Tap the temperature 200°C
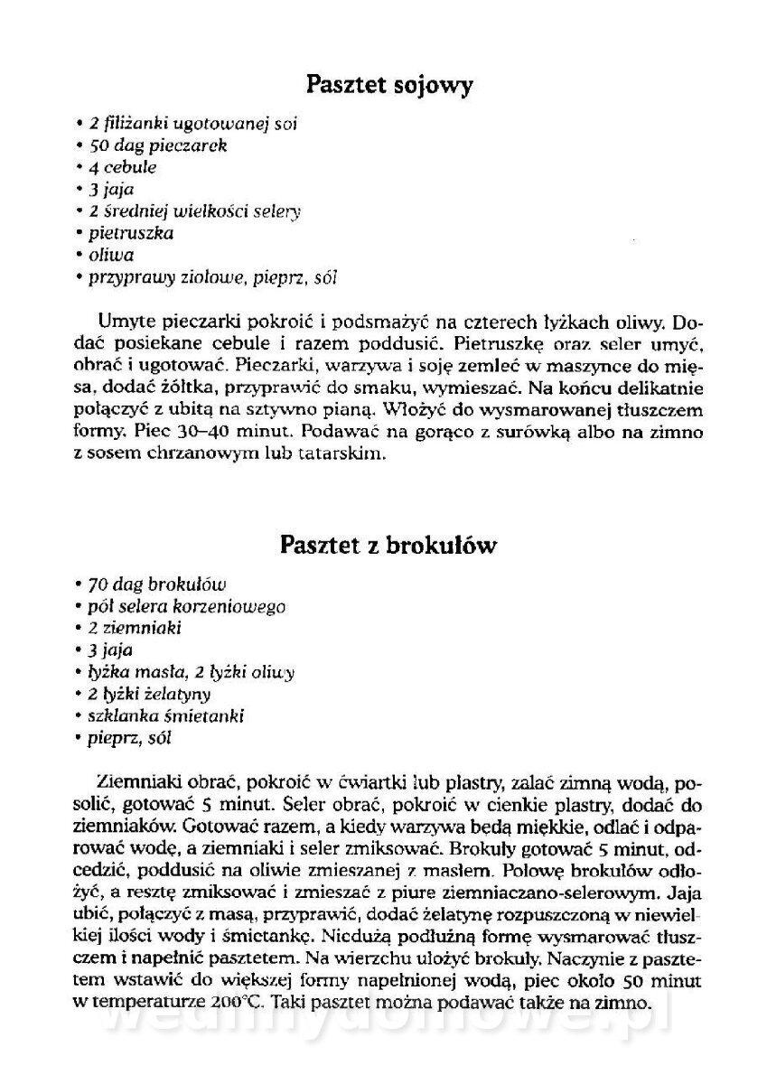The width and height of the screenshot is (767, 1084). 237,1002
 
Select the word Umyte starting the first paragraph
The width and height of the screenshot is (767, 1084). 123,321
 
